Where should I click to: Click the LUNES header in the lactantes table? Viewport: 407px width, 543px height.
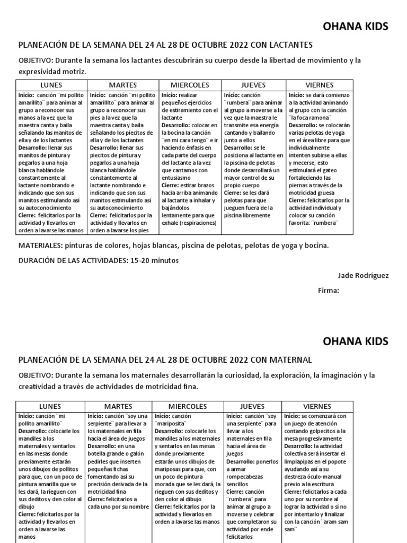click(51, 85)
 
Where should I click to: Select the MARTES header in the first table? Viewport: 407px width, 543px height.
click(123, 85)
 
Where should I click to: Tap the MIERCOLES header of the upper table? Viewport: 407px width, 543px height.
click(190, 85)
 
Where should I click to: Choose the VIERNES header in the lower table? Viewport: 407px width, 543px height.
click(317, 406)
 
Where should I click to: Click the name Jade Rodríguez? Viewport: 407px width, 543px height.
click(362, 275)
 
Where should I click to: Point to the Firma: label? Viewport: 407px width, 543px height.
click(328, 290)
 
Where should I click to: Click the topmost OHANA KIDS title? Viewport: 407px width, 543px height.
click(355, 26)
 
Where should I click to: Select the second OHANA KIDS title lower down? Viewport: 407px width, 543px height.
click(355, 340)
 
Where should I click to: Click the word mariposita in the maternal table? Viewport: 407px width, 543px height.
click(171, 424)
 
